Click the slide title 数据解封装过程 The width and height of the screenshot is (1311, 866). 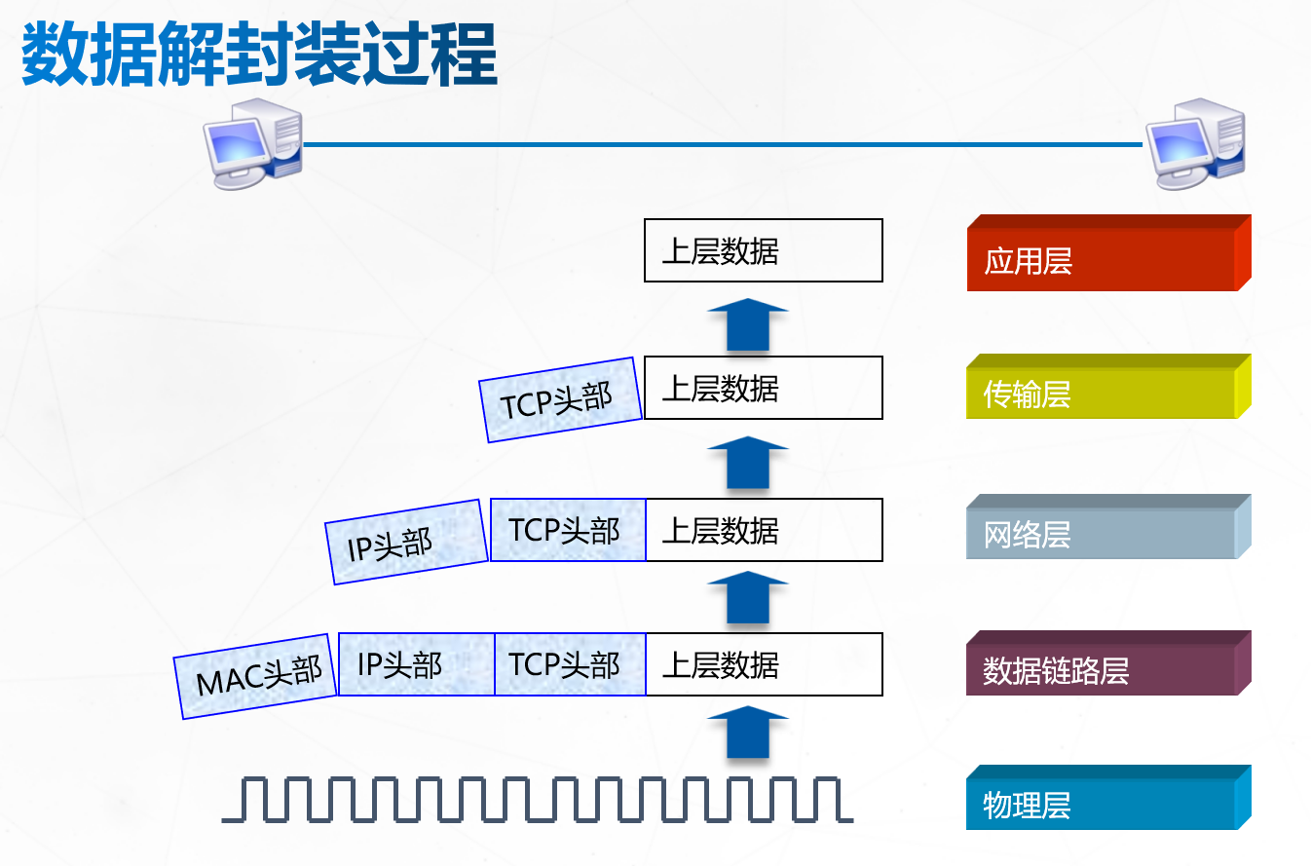tap(259, 56)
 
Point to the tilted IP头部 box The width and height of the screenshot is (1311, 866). tap(407, 542)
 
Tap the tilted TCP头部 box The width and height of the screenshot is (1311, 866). tap(561, 399)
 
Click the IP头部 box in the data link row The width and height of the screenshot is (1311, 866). tap(416, 664)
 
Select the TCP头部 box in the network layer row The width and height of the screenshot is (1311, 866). tap(568, 530)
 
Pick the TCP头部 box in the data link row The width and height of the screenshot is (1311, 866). tap(570, 664)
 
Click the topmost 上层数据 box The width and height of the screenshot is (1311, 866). tap(763, 250)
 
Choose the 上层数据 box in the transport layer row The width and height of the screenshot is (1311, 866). tap(763, 388)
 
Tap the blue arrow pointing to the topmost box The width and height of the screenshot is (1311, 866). tap(747, 324)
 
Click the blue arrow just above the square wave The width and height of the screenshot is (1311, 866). tap(747, 733)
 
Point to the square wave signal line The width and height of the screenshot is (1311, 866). tap(538, 799)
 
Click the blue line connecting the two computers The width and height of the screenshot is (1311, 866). tap(721, 144)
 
